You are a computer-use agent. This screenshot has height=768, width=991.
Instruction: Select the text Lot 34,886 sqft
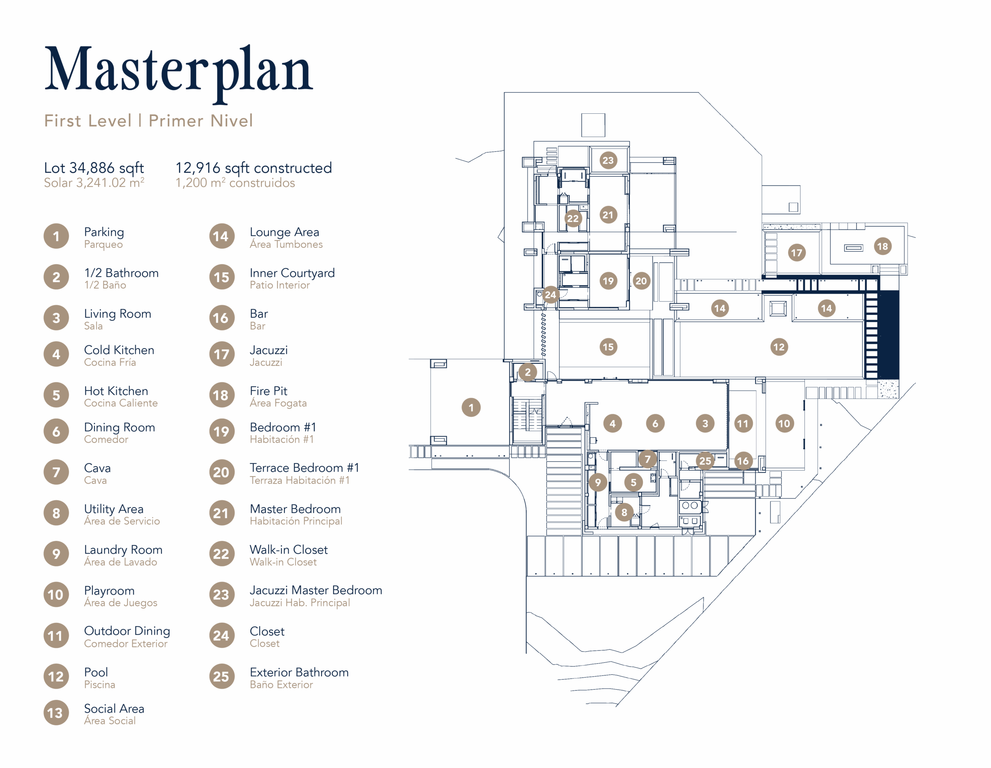(x=94, y=168)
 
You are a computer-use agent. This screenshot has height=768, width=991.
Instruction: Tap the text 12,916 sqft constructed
(x=254, y=168)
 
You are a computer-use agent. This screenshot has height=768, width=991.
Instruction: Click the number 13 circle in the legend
(x=56, y=713)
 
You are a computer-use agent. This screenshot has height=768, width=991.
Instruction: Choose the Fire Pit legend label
(x=269, y=391)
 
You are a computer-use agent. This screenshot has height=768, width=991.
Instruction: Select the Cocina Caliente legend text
(x=121, y=403)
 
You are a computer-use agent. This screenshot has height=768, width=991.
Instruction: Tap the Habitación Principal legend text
(x=296, y=521)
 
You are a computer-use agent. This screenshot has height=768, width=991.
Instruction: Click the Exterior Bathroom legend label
(x=299, y=672)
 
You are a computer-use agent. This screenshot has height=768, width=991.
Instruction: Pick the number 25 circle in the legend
(x=222, y=676)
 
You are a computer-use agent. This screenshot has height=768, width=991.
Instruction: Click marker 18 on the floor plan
(x=883, y=246)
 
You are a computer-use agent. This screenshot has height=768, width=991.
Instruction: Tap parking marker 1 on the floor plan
(x=471, y=407)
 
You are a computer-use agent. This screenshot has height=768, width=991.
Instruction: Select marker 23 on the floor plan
(x=608, y=160)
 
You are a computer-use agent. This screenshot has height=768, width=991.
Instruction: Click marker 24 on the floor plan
(x=550, y=295)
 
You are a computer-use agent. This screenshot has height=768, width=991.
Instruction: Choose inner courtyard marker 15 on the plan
(x=608, y=347)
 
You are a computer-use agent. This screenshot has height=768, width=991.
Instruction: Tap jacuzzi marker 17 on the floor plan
(x=797, y=253)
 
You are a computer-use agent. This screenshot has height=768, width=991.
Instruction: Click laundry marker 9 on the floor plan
(x=598, y=482)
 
